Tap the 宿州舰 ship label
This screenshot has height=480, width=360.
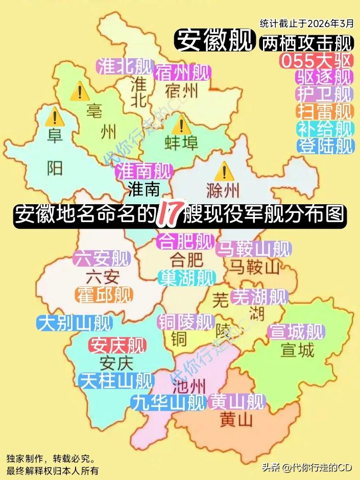click(x=182, y=72)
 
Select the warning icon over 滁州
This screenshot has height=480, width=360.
click(x=224, y=171)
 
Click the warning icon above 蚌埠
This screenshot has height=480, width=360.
click(x=181, y=124)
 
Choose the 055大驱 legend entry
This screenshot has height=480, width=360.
click(x=317, y=60)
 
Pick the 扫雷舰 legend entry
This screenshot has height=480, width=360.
click(x=325, y=111)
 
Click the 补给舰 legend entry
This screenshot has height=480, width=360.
click(x=325, y=128)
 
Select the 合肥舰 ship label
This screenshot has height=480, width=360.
click(x=185, y=241)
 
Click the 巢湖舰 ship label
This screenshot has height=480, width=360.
click(x=186, y=278)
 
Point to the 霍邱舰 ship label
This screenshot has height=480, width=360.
click(x=104, y=295)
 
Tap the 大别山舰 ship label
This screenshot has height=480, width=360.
click(x=75, y=323)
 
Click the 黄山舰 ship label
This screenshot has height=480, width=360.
click(x=237, y=402)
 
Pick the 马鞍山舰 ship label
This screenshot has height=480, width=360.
click(x=253, y=249)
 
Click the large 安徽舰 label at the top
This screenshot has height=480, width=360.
click(x=214, y=39)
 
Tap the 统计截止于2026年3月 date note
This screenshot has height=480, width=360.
click(x=306, y=23)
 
